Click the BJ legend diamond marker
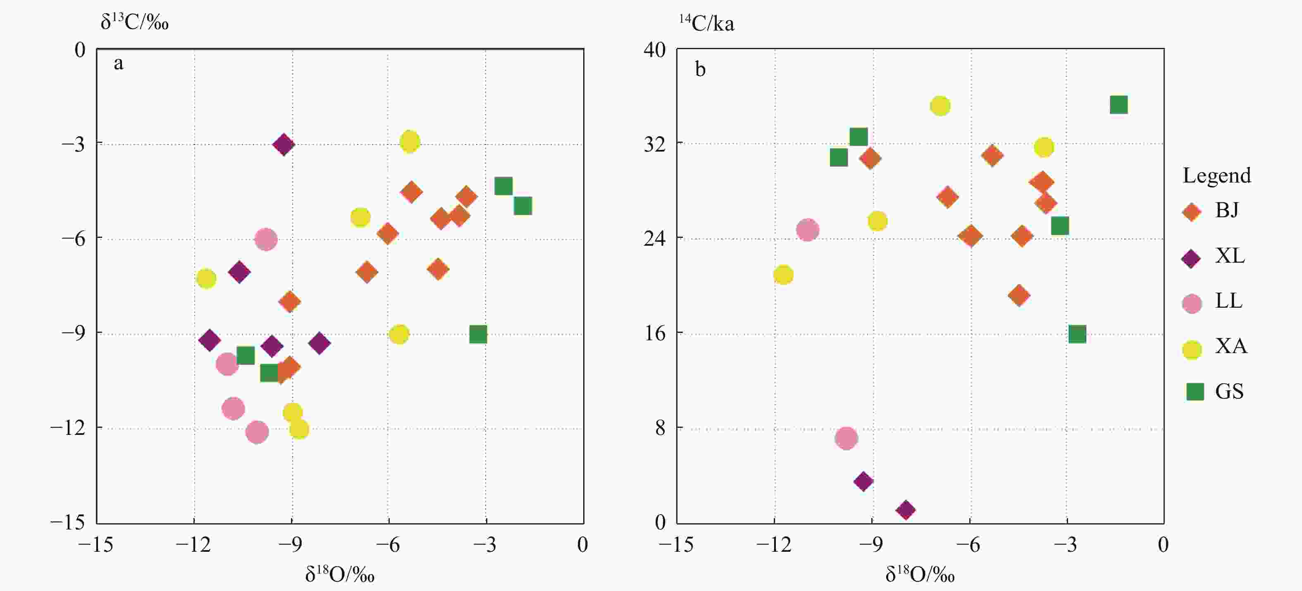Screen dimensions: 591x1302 (1191, 211)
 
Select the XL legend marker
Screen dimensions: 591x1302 (1191, 258)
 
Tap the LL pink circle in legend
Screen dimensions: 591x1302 (1192, 304)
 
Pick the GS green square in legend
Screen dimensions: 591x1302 (1195, 392)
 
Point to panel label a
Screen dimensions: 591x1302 (118, 64)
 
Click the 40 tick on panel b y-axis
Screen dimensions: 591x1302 (655, 50)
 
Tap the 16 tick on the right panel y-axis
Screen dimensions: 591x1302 (655, 333)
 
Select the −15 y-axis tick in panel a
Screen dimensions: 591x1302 (67, 522)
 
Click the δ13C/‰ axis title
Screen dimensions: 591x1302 (134, 22)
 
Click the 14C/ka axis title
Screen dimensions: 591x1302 (707, 23)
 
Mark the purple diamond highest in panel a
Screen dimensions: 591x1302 (284, 145)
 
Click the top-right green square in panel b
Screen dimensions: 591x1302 (1118, 104)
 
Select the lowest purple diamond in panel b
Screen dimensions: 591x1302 (906, 510)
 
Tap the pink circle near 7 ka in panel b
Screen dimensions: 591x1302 (846, 438)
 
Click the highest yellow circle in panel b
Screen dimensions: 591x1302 (940, 106)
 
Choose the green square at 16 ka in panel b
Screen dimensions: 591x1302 (1077, 334)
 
